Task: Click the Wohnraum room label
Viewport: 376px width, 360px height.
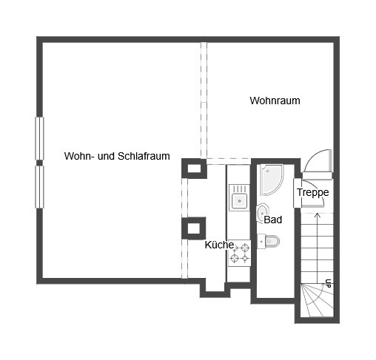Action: coord(275,101)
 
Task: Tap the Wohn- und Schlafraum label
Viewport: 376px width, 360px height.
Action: coord(117,156)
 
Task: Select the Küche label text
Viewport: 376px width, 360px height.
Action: coord(219,245)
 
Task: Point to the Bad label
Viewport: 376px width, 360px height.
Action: coord(272,220)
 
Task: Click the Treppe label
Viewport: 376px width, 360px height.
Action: coord(312,192)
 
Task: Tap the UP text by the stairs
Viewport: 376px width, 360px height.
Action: coord(328,283)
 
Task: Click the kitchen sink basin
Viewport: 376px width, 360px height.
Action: coord(239,201)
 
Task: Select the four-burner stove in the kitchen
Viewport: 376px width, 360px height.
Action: coord(239,253)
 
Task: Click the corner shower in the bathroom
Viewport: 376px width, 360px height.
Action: coord(271,180)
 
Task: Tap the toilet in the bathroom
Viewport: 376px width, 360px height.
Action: coord(269,241)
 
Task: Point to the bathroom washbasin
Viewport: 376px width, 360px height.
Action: coord(263,213)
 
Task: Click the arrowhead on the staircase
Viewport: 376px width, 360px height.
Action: coord(318,215)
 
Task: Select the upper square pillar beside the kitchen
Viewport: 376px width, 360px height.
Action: coord(194,169)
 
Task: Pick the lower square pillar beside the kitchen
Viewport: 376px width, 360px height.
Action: coord(194,228)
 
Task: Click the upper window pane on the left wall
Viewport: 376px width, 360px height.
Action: coord(39,138)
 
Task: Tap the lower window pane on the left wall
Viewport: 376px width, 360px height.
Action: coord(39,187)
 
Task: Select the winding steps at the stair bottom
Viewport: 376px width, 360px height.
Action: coord(317,300)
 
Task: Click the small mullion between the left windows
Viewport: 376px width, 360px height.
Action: coord(39,163)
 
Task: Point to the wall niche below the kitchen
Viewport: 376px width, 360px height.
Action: coord(215,288)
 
